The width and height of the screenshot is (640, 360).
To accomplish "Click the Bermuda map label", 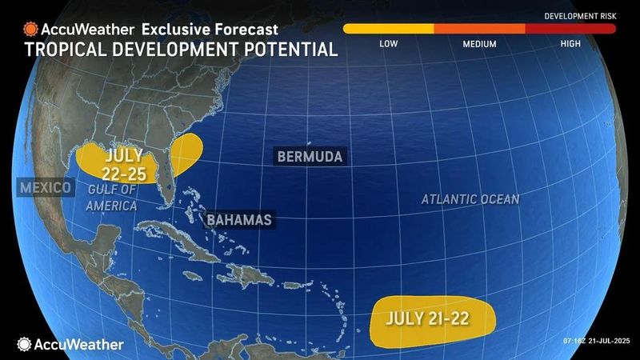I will point(310,156).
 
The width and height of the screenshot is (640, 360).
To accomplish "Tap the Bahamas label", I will point(238,219).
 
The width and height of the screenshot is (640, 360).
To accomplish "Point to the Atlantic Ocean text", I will point(470,198).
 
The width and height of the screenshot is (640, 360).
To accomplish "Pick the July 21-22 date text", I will point(426,318).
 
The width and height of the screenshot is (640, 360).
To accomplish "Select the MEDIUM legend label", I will point(479,44).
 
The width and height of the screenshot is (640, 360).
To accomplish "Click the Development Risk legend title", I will point(579,16).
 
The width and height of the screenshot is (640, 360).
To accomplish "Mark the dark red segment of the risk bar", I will point(570,29).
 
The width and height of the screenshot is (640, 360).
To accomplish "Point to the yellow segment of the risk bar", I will point(388,29).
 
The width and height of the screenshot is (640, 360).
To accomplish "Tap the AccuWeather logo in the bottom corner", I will point(70,344).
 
